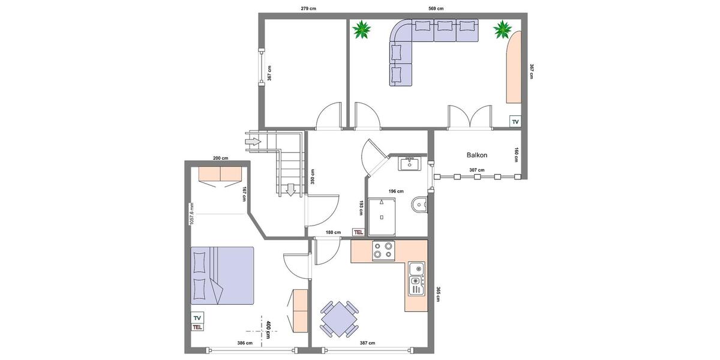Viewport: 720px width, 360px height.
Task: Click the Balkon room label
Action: coord(477,155)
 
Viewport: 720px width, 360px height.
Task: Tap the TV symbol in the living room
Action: coord(515,122)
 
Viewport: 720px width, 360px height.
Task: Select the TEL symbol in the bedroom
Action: coord(197,327)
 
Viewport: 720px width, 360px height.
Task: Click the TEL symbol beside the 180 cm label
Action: coord(359,232)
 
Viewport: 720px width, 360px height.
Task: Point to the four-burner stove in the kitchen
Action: coord(383,250)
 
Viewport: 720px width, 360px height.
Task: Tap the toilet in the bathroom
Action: coord(419,206)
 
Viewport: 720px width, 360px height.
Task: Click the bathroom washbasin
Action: coord(411,163)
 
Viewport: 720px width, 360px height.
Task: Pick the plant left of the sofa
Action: coord(362,29)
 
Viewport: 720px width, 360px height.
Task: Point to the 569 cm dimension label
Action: coord(436,8)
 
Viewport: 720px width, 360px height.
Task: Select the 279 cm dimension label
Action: coord(308,8)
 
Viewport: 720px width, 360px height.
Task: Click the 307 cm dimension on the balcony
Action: coord(476,170)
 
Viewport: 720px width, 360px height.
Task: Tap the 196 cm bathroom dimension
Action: coord(395,191)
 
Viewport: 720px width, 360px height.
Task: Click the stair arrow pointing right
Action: coord(253,142)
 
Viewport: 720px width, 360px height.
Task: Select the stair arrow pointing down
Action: coord(291,190)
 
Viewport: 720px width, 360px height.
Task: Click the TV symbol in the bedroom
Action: coord(197,317)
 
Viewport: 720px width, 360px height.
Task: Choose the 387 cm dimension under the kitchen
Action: coord(367,343)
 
